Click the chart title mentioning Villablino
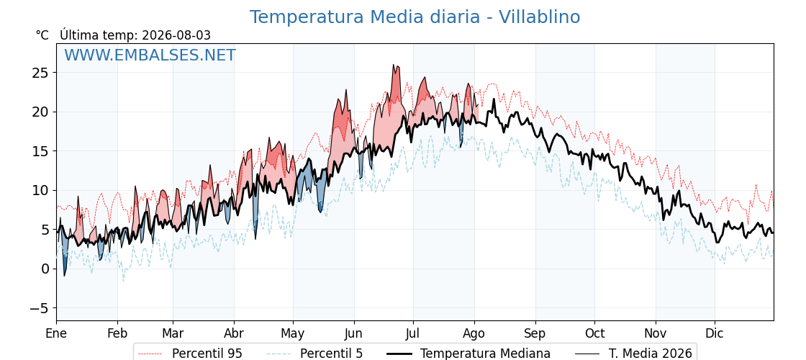[x=415, y=17]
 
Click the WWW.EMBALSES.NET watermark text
[x=150, y=55]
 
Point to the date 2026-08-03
[x=176, y=35]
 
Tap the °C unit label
[x=42, y=35]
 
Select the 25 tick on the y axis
[x=40, y=73]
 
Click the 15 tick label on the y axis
[x=40, y=151]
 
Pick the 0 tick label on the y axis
[x=45, y=269]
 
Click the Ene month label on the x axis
[x=56, y=334]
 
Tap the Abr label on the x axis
[x=234, y=334]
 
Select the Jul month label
[x=413, y=334]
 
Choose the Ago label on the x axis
[x=474, y=334]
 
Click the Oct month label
[x=594, y=334]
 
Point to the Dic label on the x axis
[x=715, y=334]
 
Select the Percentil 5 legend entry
[x=315, y=354]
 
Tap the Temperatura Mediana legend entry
[x=468, y=354]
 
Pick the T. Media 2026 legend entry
[x=634, y=354]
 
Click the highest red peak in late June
[x=394, y=65]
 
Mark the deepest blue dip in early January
[x=64, y=275]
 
